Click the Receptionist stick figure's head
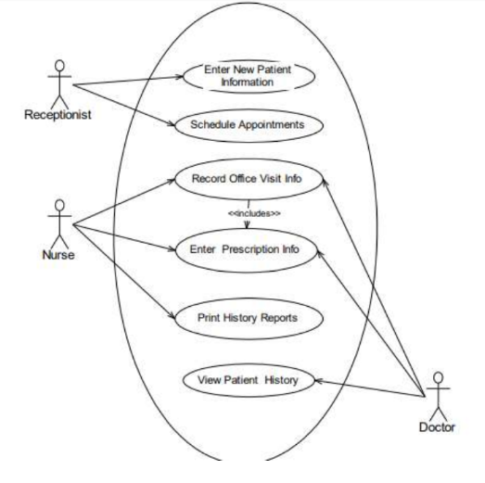pos(59,65)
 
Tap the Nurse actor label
pos(58,255)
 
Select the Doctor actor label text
pos(437,427)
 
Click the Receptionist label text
pos(57,115)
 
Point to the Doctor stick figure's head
pos(438,377)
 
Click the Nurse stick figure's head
pos(59,205)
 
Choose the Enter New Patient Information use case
pos(249,76)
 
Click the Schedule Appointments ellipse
pos(249,125)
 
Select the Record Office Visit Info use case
pos(249,179)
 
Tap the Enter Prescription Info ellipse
pos(247,250)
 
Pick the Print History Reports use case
pos(249,319)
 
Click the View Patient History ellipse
pos(249,380)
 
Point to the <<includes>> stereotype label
pos(254,213)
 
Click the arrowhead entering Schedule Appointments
pos(172,123)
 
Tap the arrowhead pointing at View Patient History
pos(319,381)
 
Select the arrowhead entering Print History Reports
pos(172,316)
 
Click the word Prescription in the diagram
pos(250,249)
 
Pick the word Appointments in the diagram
pos(272,124)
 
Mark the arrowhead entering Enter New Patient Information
pos(180,76)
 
